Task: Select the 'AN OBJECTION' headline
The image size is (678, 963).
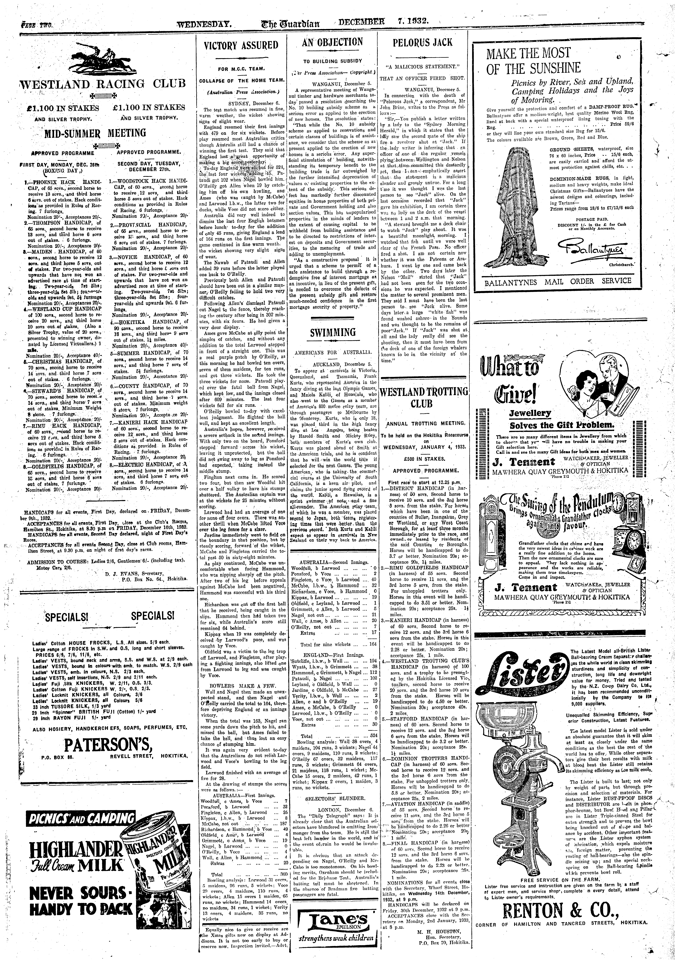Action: point(332,42)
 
